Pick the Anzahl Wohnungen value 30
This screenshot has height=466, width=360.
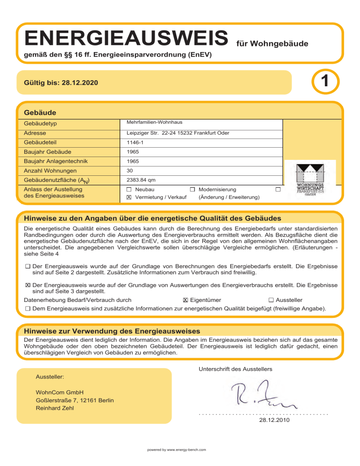click(x=131, y=171)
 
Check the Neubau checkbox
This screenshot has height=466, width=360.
click(x=129, y=189)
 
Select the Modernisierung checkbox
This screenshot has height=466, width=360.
click(x=193, y=189)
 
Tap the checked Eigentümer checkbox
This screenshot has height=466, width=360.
click(x=186, y=300)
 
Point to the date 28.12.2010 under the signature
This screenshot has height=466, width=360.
click(x=274, y=421)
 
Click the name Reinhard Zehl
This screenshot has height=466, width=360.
click(x=55, y=408)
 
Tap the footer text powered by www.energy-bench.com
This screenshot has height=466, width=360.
click(x=177, y=450)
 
